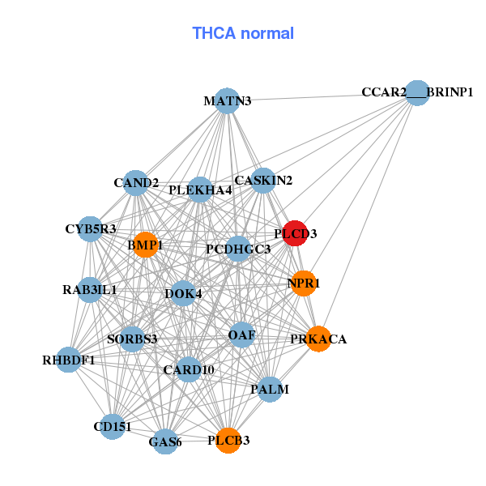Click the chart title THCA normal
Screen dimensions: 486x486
tap(243, 33)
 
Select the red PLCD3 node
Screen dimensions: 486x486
tap(295, 233)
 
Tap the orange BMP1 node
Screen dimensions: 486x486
tap(145, 245)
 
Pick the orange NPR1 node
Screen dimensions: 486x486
tap(303, 283)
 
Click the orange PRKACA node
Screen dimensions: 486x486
tap(318, 339)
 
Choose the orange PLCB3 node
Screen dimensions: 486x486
tap(228, 441)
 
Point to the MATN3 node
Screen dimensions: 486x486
tap(228, 101)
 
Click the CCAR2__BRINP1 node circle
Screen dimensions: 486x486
tap(416, 92)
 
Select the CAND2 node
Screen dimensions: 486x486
tap(136, 182)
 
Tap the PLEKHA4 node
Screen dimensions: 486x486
tap(200, 190)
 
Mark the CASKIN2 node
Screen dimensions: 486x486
tap(263, 181)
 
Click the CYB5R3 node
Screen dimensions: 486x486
tap(91, 229)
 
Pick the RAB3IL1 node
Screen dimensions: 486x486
tap(90, 289)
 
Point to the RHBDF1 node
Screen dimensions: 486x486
tap(69, 360)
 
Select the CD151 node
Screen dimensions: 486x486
tap(113, 426)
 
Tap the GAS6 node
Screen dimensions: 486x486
tap(165, 441)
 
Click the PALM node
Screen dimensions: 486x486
tap(270, 390)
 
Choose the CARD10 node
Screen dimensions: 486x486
tap(189, 370)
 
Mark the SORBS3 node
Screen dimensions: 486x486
tap(132, 339)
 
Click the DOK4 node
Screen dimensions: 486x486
tap(184, 293)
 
